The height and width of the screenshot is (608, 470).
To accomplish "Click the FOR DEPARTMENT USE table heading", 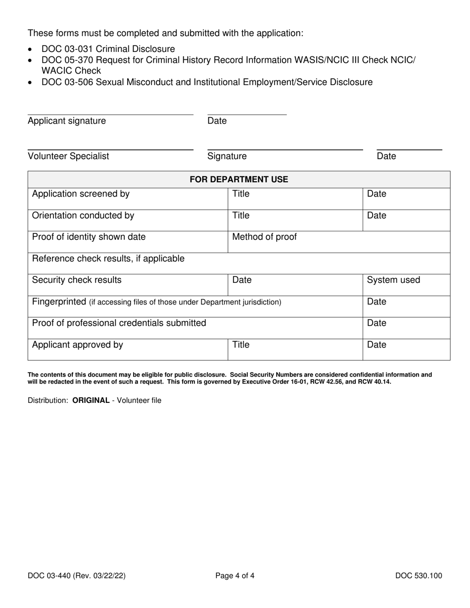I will pos(239,179).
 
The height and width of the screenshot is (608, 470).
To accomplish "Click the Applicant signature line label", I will pos(67,121).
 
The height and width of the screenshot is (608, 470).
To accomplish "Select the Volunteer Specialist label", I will pos(68,157).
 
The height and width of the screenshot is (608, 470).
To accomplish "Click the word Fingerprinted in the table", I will pos(59,302).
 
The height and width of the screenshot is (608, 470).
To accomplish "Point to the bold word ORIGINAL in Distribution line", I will pos(91,400).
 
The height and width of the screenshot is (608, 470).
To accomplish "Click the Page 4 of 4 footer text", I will pos(235,575).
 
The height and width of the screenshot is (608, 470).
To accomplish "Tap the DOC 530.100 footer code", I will pos(419,575).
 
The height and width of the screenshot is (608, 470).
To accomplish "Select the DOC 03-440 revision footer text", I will pos(80,575).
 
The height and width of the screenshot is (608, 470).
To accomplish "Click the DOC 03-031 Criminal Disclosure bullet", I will pos(108,49).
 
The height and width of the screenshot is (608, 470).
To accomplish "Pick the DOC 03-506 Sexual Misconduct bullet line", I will pos(207,82).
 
